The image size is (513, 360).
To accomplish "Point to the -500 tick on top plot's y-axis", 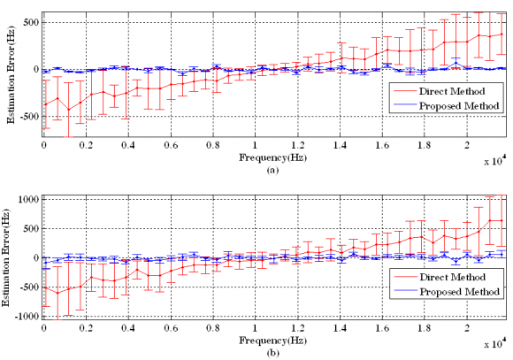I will click(x=28, y=118).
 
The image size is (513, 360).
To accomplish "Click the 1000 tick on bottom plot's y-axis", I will click(x=27, y=200).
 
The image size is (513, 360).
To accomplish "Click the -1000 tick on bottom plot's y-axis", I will click(x=26, y=316).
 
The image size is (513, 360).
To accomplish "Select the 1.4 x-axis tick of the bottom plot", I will click(x=340, y=327).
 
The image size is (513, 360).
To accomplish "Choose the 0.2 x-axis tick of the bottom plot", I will click(x=86, y=327).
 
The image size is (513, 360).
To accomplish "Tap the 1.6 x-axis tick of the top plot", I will click(x=382, y=146).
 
